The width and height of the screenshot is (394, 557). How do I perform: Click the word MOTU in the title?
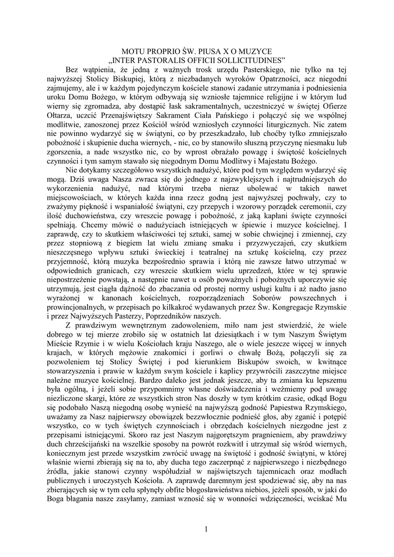[133, 51]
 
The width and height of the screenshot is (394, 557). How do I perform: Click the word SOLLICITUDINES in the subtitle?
[252, 60]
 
